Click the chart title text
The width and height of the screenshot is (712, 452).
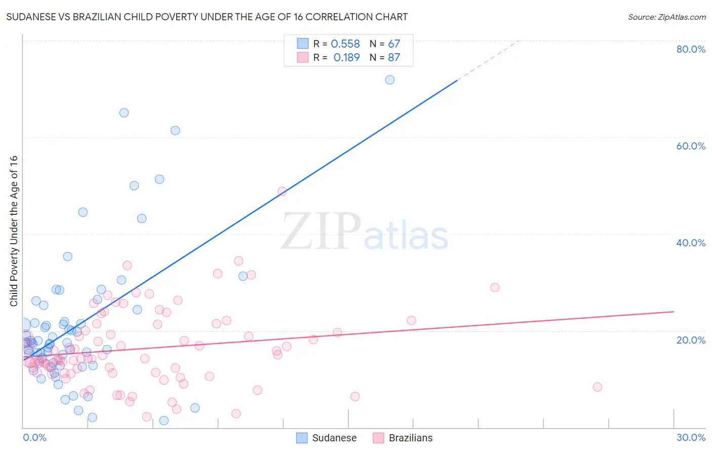[x=207, y=17]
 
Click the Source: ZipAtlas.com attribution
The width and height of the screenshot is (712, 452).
[x=666, y=17]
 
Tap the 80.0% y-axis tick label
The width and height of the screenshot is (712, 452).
[x=691, y=49]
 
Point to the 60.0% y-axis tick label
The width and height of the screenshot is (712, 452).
[x=691, y=146]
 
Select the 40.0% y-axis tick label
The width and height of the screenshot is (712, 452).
[x=691, y=243]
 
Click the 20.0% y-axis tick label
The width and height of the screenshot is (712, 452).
[x=691, y=340]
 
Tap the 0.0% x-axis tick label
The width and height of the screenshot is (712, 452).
[x=34, y=437]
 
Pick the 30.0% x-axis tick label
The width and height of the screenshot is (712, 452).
[x=691, y=437]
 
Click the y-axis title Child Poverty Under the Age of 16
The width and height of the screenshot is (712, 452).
[x=14, y=231]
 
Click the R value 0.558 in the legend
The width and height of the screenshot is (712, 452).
[x=345, y=44]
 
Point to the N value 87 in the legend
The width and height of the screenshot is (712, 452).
[x=394, y=58]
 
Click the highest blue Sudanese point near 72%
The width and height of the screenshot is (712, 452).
[x=389, y=80]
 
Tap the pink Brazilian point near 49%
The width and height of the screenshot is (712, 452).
[x=282, y=191]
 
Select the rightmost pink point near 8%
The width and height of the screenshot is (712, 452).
[x=597, y=387]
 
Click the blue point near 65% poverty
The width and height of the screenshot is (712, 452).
[x=124, y=112]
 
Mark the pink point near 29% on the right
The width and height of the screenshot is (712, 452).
[x=495, y=287]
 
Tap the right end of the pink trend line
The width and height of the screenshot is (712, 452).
[x=674, y=312]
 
